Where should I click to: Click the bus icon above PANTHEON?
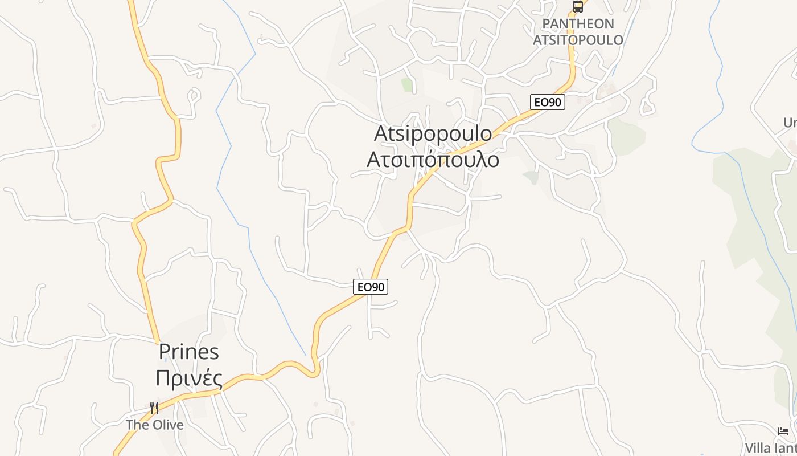click(577, 7)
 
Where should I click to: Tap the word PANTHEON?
click(570, 24)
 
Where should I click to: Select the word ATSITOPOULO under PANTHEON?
click(578, 40)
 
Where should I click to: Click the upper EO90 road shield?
click(548, 103)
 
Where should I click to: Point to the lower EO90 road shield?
click(371, 287)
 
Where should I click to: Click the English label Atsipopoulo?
click(433, 133)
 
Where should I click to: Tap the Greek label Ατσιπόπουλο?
click(433, 160)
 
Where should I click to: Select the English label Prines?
click(188, 352)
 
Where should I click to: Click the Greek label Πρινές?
click(188, 378)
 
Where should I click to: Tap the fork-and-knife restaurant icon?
click(154, 408)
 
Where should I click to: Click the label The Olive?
click(155, 425)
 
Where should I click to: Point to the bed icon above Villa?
click(783, 431)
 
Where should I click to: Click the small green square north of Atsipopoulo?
click(406, 85)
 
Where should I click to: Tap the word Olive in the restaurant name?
click(167, 425)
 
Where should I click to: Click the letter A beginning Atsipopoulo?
click(382, 133)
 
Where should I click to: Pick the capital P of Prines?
click(165, 352)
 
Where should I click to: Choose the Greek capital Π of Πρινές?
click(163, 378)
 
